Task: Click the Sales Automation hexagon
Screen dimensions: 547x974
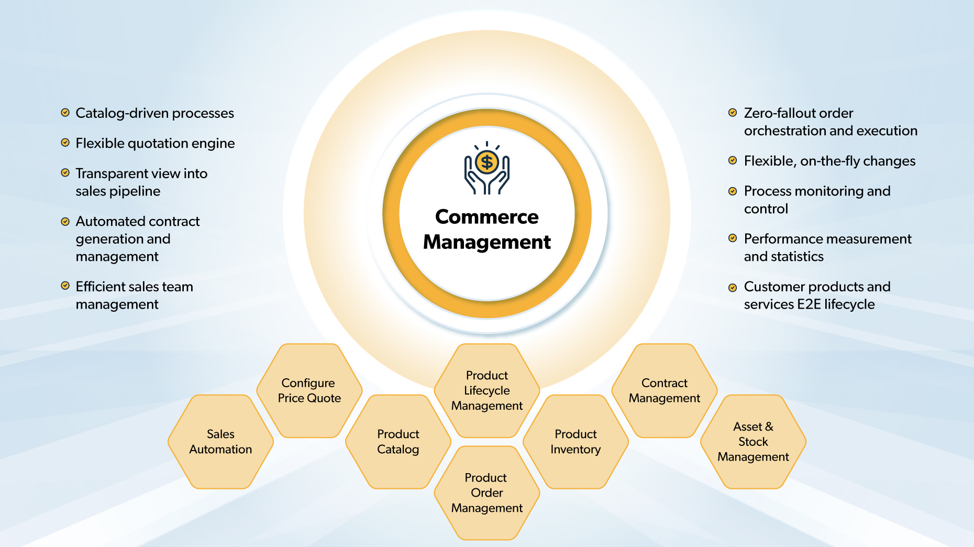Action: point(220,442)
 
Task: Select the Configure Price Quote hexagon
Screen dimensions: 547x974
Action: point(309,391)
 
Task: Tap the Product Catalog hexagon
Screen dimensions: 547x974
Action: point(398,442)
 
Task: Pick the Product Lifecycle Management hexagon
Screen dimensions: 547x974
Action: point(487,391)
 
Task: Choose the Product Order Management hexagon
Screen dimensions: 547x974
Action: point(487,493)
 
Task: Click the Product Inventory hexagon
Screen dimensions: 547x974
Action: point(575,442)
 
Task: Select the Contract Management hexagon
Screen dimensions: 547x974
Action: point(665,391)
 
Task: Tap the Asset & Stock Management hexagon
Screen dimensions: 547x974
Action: point(753,442)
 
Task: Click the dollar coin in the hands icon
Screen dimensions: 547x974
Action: point(487,162)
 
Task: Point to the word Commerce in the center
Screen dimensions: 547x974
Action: point(486,217)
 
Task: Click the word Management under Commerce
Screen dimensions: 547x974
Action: point(486,242)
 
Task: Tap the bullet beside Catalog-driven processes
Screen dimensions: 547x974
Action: point(65,113)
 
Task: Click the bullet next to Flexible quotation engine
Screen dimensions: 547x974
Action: point(65,143)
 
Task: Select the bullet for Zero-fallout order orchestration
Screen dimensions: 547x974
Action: point(733,113)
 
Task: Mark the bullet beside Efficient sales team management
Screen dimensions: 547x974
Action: point(65,286)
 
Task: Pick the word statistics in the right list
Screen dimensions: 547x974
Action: point(797,257)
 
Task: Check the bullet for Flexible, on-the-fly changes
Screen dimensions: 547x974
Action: point(733,160)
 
